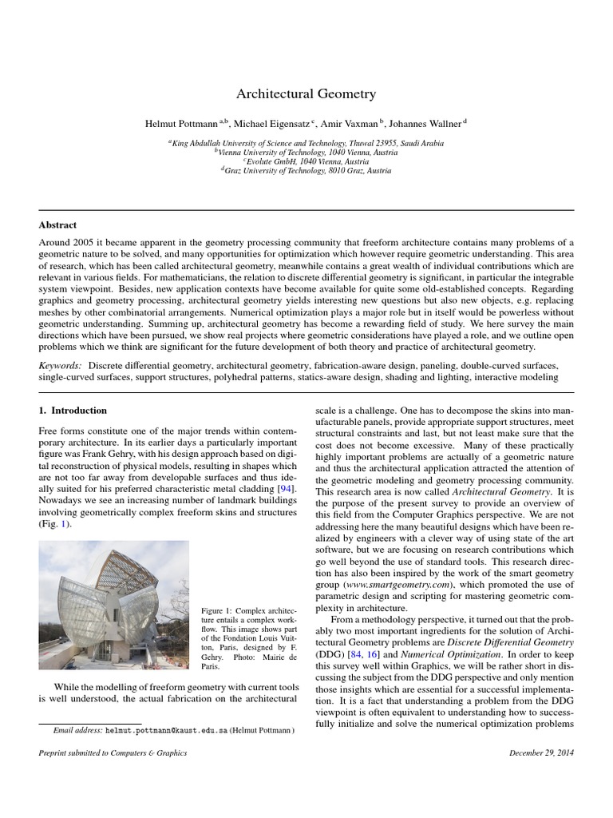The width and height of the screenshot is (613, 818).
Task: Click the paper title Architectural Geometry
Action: click(306, 94)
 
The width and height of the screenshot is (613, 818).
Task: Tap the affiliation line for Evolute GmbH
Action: click(306, 161)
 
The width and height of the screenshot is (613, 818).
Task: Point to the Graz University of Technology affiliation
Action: click(306, 170)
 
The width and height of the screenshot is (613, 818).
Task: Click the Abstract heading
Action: click(57, 225)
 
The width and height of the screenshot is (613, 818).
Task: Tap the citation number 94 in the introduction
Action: click(283, 487)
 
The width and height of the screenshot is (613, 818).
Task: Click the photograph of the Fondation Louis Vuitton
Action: click(114, 605)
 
